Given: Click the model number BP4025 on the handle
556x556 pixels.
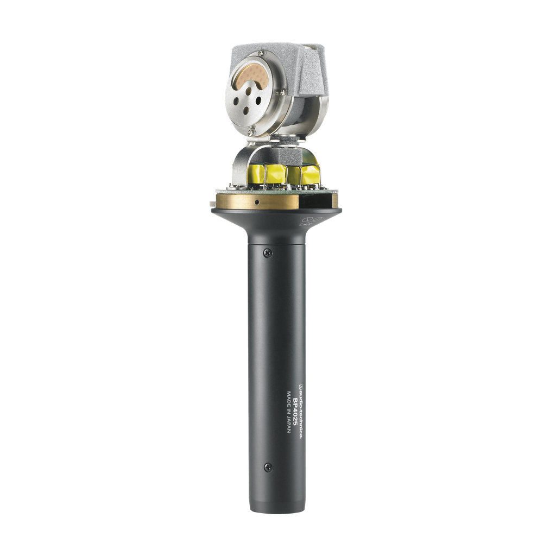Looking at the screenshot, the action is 295,413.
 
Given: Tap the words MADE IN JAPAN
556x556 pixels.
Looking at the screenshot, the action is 289,412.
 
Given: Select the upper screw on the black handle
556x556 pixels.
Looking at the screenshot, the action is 268,253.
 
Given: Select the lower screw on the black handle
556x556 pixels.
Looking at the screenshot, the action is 268,467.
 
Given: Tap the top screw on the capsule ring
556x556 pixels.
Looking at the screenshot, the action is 261,53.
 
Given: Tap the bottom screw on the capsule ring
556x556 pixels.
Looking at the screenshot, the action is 251,132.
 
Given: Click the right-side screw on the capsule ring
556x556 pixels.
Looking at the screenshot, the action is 282,92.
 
